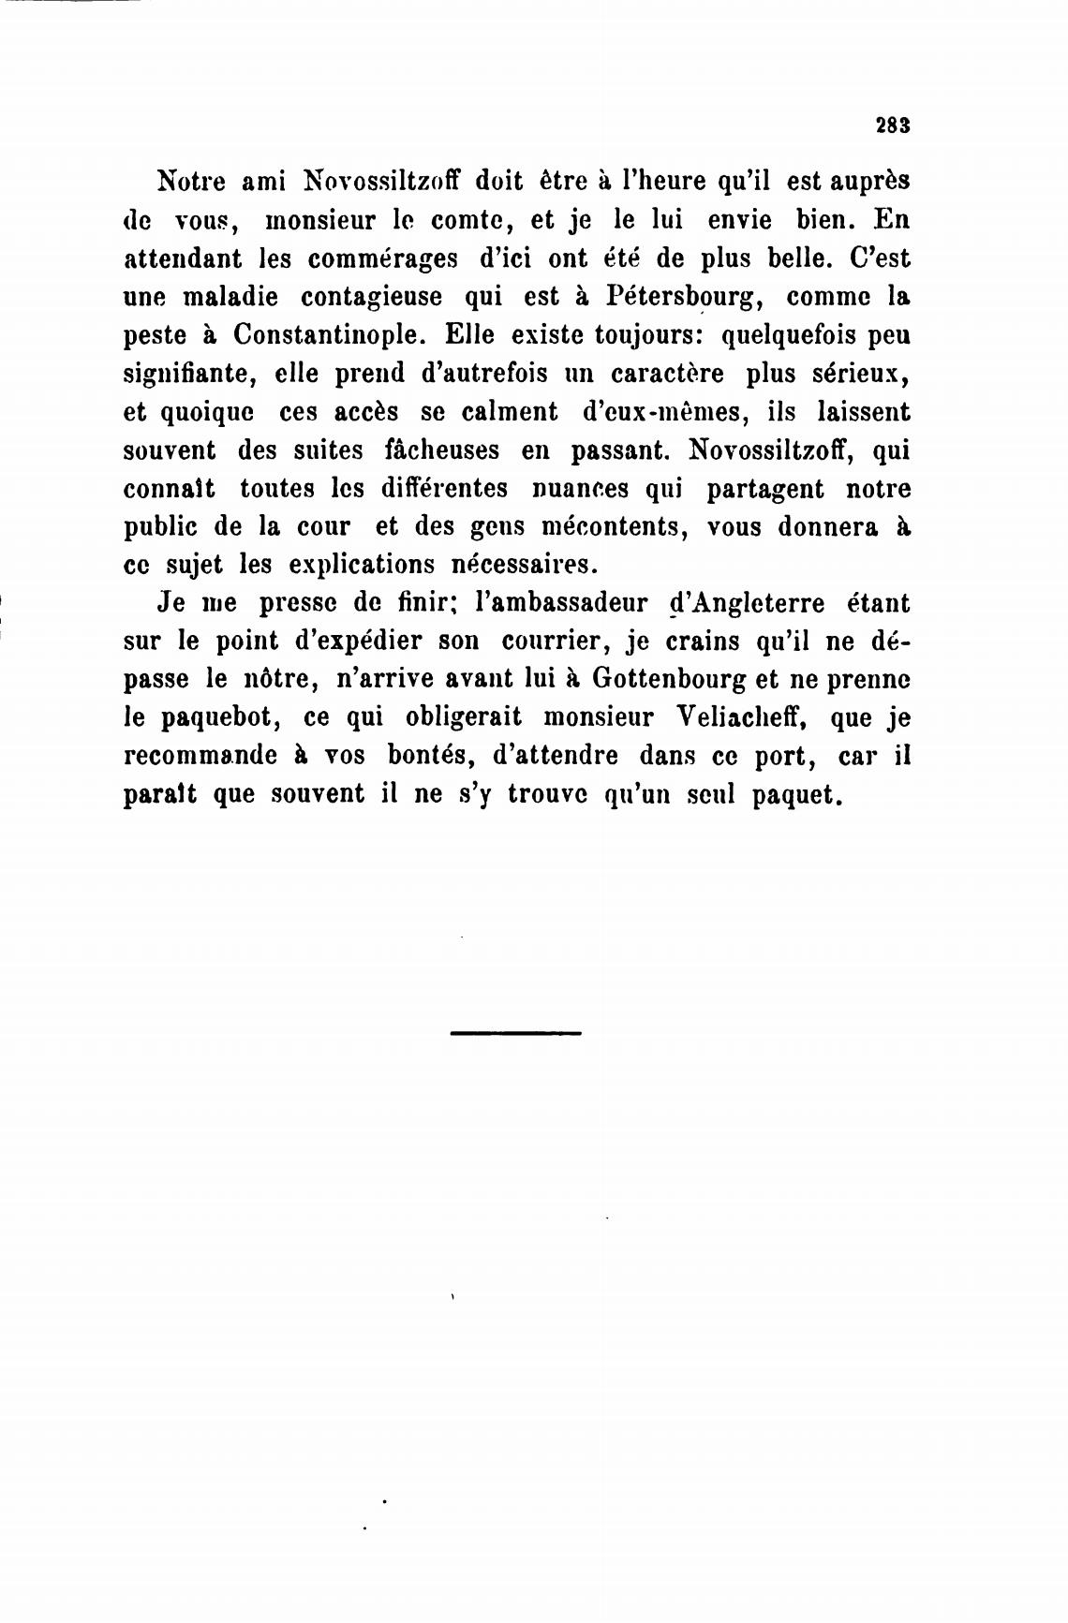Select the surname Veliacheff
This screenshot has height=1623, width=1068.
pos(741,717)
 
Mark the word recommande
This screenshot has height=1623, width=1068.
pos(200,756)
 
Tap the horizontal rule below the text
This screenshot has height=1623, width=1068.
pos(515,1033)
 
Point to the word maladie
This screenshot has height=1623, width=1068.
pos(231,297)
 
